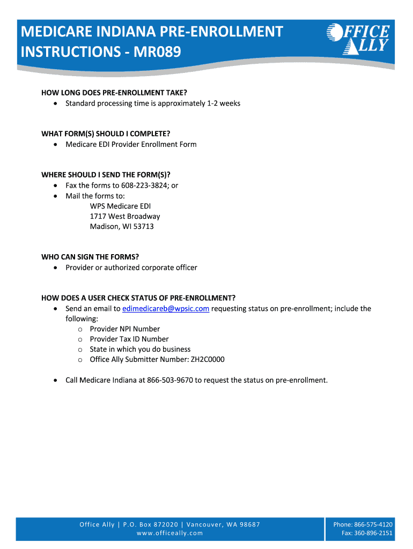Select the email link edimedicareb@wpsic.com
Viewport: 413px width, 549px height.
[166, 309]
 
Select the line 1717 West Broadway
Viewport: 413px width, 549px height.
[125, 217]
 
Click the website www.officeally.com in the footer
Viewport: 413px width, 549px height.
[170, 533]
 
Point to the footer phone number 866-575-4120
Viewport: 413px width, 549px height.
[373, 524]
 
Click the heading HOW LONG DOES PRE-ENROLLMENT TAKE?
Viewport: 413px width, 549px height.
[114, 93]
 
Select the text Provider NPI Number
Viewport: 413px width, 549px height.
[125, 329]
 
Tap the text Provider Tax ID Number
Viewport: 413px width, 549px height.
[129, 339]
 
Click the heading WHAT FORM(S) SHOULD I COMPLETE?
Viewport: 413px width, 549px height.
[109, 133]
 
